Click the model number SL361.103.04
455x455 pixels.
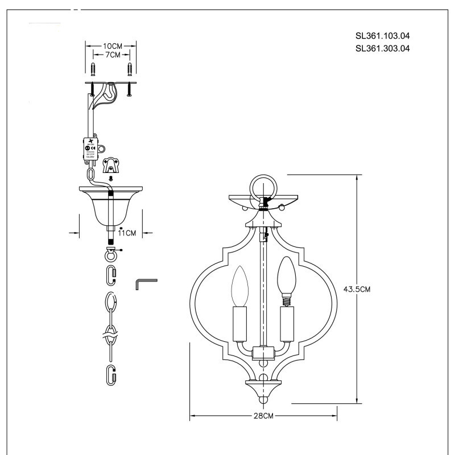[382, 35]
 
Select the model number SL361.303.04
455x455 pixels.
[382, 48]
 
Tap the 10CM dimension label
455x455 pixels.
[112, 45]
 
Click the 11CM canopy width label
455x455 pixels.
[127, 233]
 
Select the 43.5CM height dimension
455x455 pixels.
[357, 289]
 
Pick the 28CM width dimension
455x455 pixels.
[263, 416]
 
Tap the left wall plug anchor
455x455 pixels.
[93, 71]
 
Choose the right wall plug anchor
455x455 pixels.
[131, 71]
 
